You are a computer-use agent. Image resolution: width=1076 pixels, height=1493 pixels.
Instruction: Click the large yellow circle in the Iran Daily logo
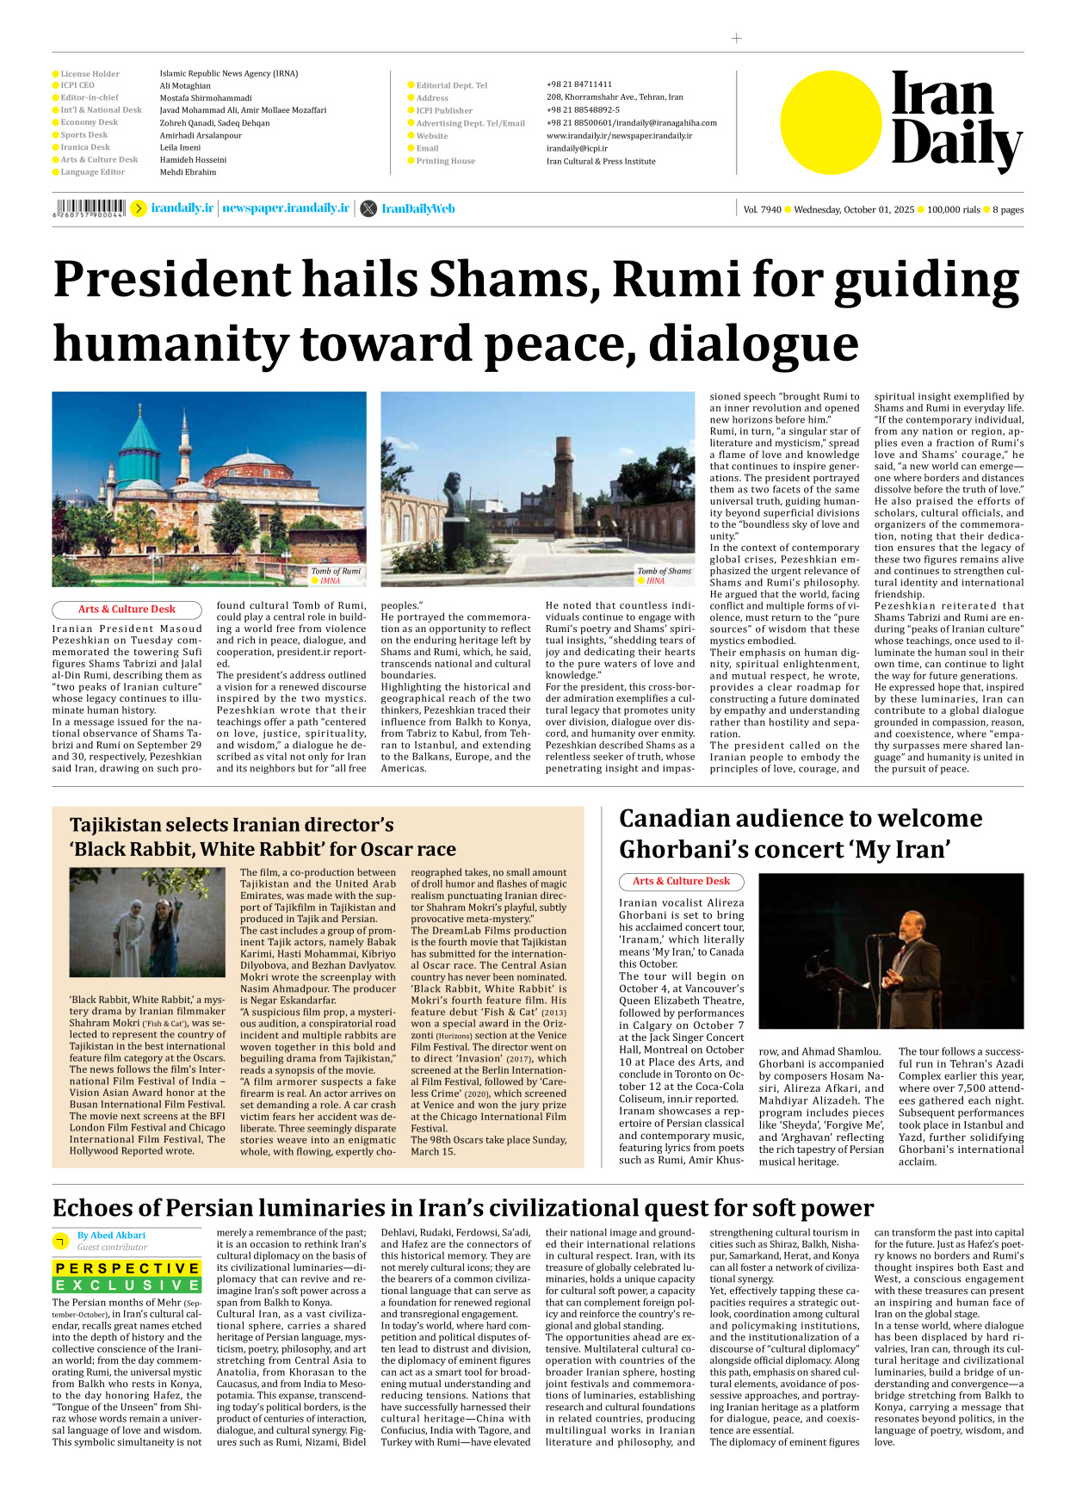pyautogui.click(x=832, y=121)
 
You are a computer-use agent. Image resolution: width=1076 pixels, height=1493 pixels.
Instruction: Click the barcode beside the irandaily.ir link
pyautogui.click(x=90, y=208)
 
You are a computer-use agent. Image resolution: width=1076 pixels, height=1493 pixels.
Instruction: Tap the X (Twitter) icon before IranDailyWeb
pyautogui.click(x=368, y=208)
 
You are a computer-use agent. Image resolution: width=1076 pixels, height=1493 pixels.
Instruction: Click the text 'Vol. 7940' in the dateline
pyautogui.click(x=762, y=209)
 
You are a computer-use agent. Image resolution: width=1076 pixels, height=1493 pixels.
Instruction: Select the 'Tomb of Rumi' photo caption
pyautogui.click(x=336, y=571)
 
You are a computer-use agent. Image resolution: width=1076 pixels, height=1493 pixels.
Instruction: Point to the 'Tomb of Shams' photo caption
pyautogui.click(x=664, y=571)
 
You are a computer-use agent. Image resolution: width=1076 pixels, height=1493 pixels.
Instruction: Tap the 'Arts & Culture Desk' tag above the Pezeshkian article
pyautogui.click(x=127, y=610)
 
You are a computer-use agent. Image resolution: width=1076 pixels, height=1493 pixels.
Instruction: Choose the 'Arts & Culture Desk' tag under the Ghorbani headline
pyautogui.click(x=681, y=882)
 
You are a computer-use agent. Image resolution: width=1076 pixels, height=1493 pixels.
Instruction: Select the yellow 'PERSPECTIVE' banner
pyautogui.click(x=127, y=1268)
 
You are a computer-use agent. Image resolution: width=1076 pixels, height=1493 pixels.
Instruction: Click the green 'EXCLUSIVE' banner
pyautogui.click(x=127, y=1285)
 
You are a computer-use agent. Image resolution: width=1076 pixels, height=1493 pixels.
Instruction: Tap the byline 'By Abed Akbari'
pyautogui.click(x=111, y=1236)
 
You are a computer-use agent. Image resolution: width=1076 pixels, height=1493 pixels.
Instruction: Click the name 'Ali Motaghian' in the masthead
pyautogui.click(x=185, y=86)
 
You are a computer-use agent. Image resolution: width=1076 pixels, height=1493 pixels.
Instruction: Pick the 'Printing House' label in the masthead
pyautogui.click(x=445, y=161)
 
